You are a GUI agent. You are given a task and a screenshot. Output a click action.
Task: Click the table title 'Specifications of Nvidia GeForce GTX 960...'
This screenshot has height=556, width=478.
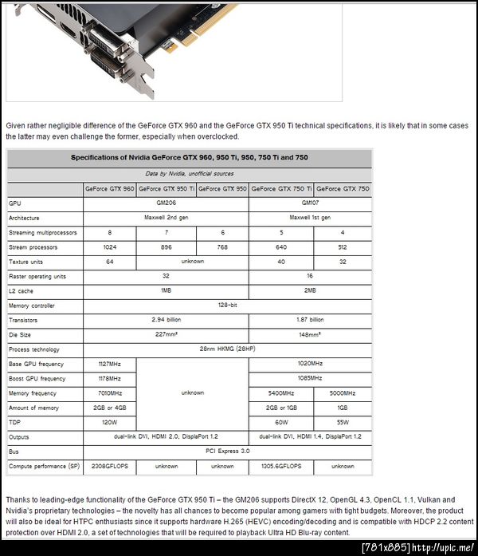(x=190, y=158)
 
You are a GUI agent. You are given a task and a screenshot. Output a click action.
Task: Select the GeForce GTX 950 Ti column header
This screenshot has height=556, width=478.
(x=166, y=189)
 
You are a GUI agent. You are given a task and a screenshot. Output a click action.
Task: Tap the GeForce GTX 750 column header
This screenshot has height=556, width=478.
(x=343, y=189)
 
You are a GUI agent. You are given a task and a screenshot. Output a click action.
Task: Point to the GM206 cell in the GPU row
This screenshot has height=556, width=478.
(x=166, y=203)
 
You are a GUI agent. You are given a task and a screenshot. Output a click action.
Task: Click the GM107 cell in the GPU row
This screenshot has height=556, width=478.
(x=310, y=203)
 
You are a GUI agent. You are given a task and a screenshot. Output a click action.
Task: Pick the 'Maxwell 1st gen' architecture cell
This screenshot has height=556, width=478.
(x=310, y=218)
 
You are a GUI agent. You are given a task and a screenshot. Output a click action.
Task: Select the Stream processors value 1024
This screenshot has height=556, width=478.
(x=110, y=247)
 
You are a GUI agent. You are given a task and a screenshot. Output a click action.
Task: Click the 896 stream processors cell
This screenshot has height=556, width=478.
(x=166, y=247)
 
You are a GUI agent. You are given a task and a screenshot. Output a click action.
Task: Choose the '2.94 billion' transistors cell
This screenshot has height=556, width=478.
(x=166, y=320)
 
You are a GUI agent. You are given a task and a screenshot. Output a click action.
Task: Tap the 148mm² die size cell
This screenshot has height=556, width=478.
(x=310, y=335)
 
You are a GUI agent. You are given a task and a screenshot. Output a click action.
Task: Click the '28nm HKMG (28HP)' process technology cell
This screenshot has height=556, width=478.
(x=228, y=349)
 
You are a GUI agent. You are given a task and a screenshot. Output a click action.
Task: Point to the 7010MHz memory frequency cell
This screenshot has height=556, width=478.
(x=110, y=393)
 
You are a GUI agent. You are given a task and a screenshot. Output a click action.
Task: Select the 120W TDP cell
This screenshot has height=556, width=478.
(x=110, y=422)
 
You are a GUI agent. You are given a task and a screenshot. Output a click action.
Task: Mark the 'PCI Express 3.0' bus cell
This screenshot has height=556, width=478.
(x=228, y=452)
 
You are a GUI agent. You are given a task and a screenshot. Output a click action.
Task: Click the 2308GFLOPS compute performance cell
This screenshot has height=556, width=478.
(x=110, y=466)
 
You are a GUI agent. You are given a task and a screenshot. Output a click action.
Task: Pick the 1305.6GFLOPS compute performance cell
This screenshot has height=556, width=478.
(x=280, y=466)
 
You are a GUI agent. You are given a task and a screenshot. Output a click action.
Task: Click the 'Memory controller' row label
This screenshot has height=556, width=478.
(x=32, y=306)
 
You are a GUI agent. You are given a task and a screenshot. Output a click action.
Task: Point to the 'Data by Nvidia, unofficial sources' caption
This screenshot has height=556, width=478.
(x=190, y=174)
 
